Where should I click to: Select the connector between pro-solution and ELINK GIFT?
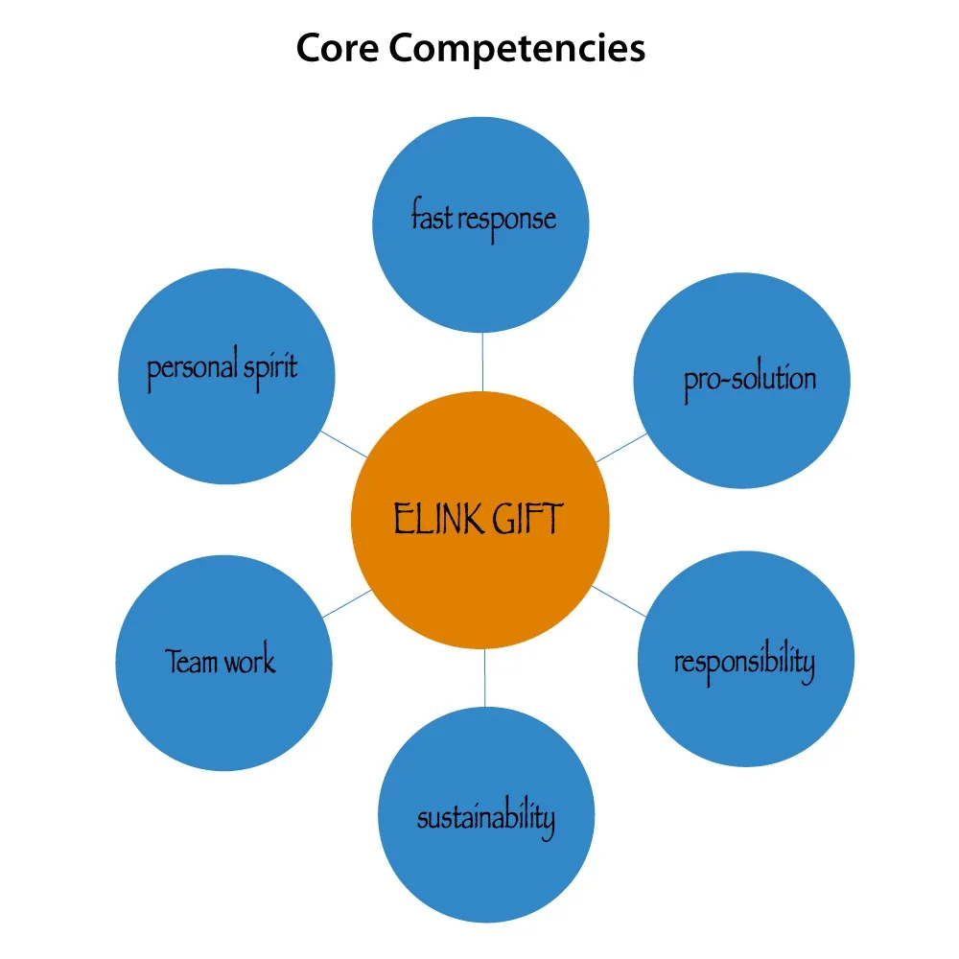tap(622, 447)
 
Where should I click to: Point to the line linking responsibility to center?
tap(620, 599)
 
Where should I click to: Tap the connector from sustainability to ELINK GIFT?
tap(484, 677)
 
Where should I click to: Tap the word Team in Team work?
tap(193, 662)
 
